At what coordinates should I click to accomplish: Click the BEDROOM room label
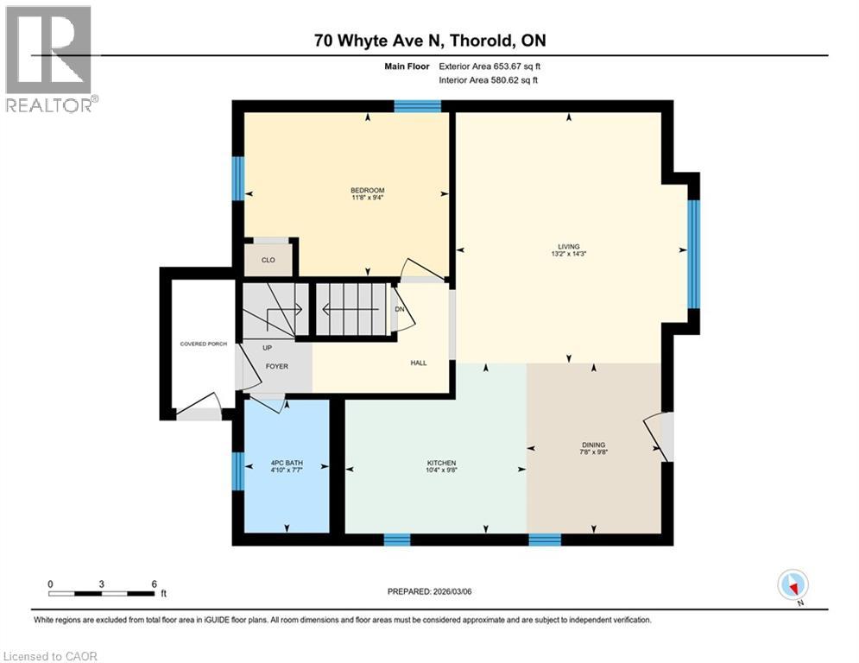(367, 191)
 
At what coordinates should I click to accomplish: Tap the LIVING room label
(569, 247)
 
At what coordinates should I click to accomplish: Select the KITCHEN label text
(440, 464)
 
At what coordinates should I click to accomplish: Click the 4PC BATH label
(287, 464)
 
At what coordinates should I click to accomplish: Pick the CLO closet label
(268, 260)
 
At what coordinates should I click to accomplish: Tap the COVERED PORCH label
(204, 344)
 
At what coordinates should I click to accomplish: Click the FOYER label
(276, 366)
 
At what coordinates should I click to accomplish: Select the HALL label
(418, 363)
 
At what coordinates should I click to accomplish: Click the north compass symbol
(792, 585)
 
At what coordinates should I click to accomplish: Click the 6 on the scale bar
(154, 584)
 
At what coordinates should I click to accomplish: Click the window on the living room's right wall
(692, 254)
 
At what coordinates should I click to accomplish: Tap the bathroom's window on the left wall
(237, 470)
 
